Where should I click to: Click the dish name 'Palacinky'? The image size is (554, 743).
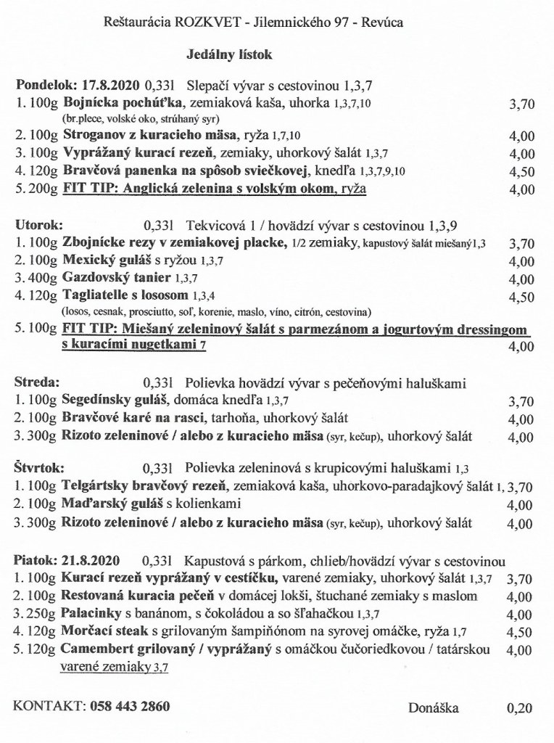click(91, 613)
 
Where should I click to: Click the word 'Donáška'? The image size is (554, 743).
click(434, 707)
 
